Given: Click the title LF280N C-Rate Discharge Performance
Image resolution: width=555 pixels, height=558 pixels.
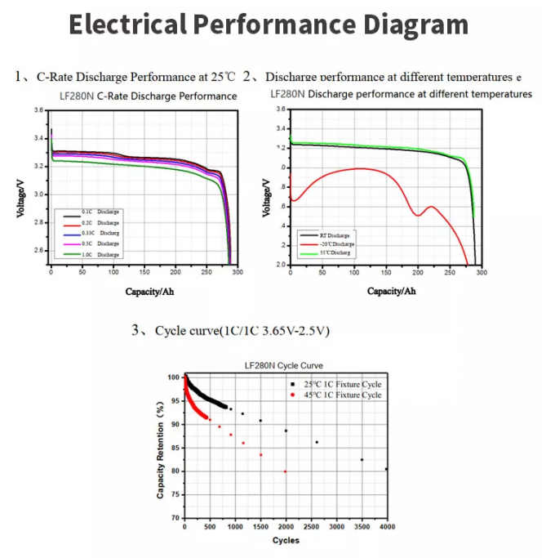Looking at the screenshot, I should coord(149,96).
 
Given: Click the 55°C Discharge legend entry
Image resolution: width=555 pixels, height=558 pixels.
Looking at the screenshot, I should coord(330,253).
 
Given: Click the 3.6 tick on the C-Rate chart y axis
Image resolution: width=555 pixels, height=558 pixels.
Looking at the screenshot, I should coord(38,110).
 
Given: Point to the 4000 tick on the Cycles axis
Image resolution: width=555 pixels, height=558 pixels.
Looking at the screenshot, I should coord(387,527).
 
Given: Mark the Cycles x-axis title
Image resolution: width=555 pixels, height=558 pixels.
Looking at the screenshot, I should coord(286,541).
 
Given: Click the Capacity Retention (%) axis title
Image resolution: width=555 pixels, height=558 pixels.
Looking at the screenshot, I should coord(162,447).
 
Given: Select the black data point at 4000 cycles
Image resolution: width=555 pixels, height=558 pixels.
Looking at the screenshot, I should coord(386,469).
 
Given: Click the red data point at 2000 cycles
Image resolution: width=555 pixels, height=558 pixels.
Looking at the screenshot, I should coord(285,471).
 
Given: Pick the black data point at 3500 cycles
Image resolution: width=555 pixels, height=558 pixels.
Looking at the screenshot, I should coord(362,460).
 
